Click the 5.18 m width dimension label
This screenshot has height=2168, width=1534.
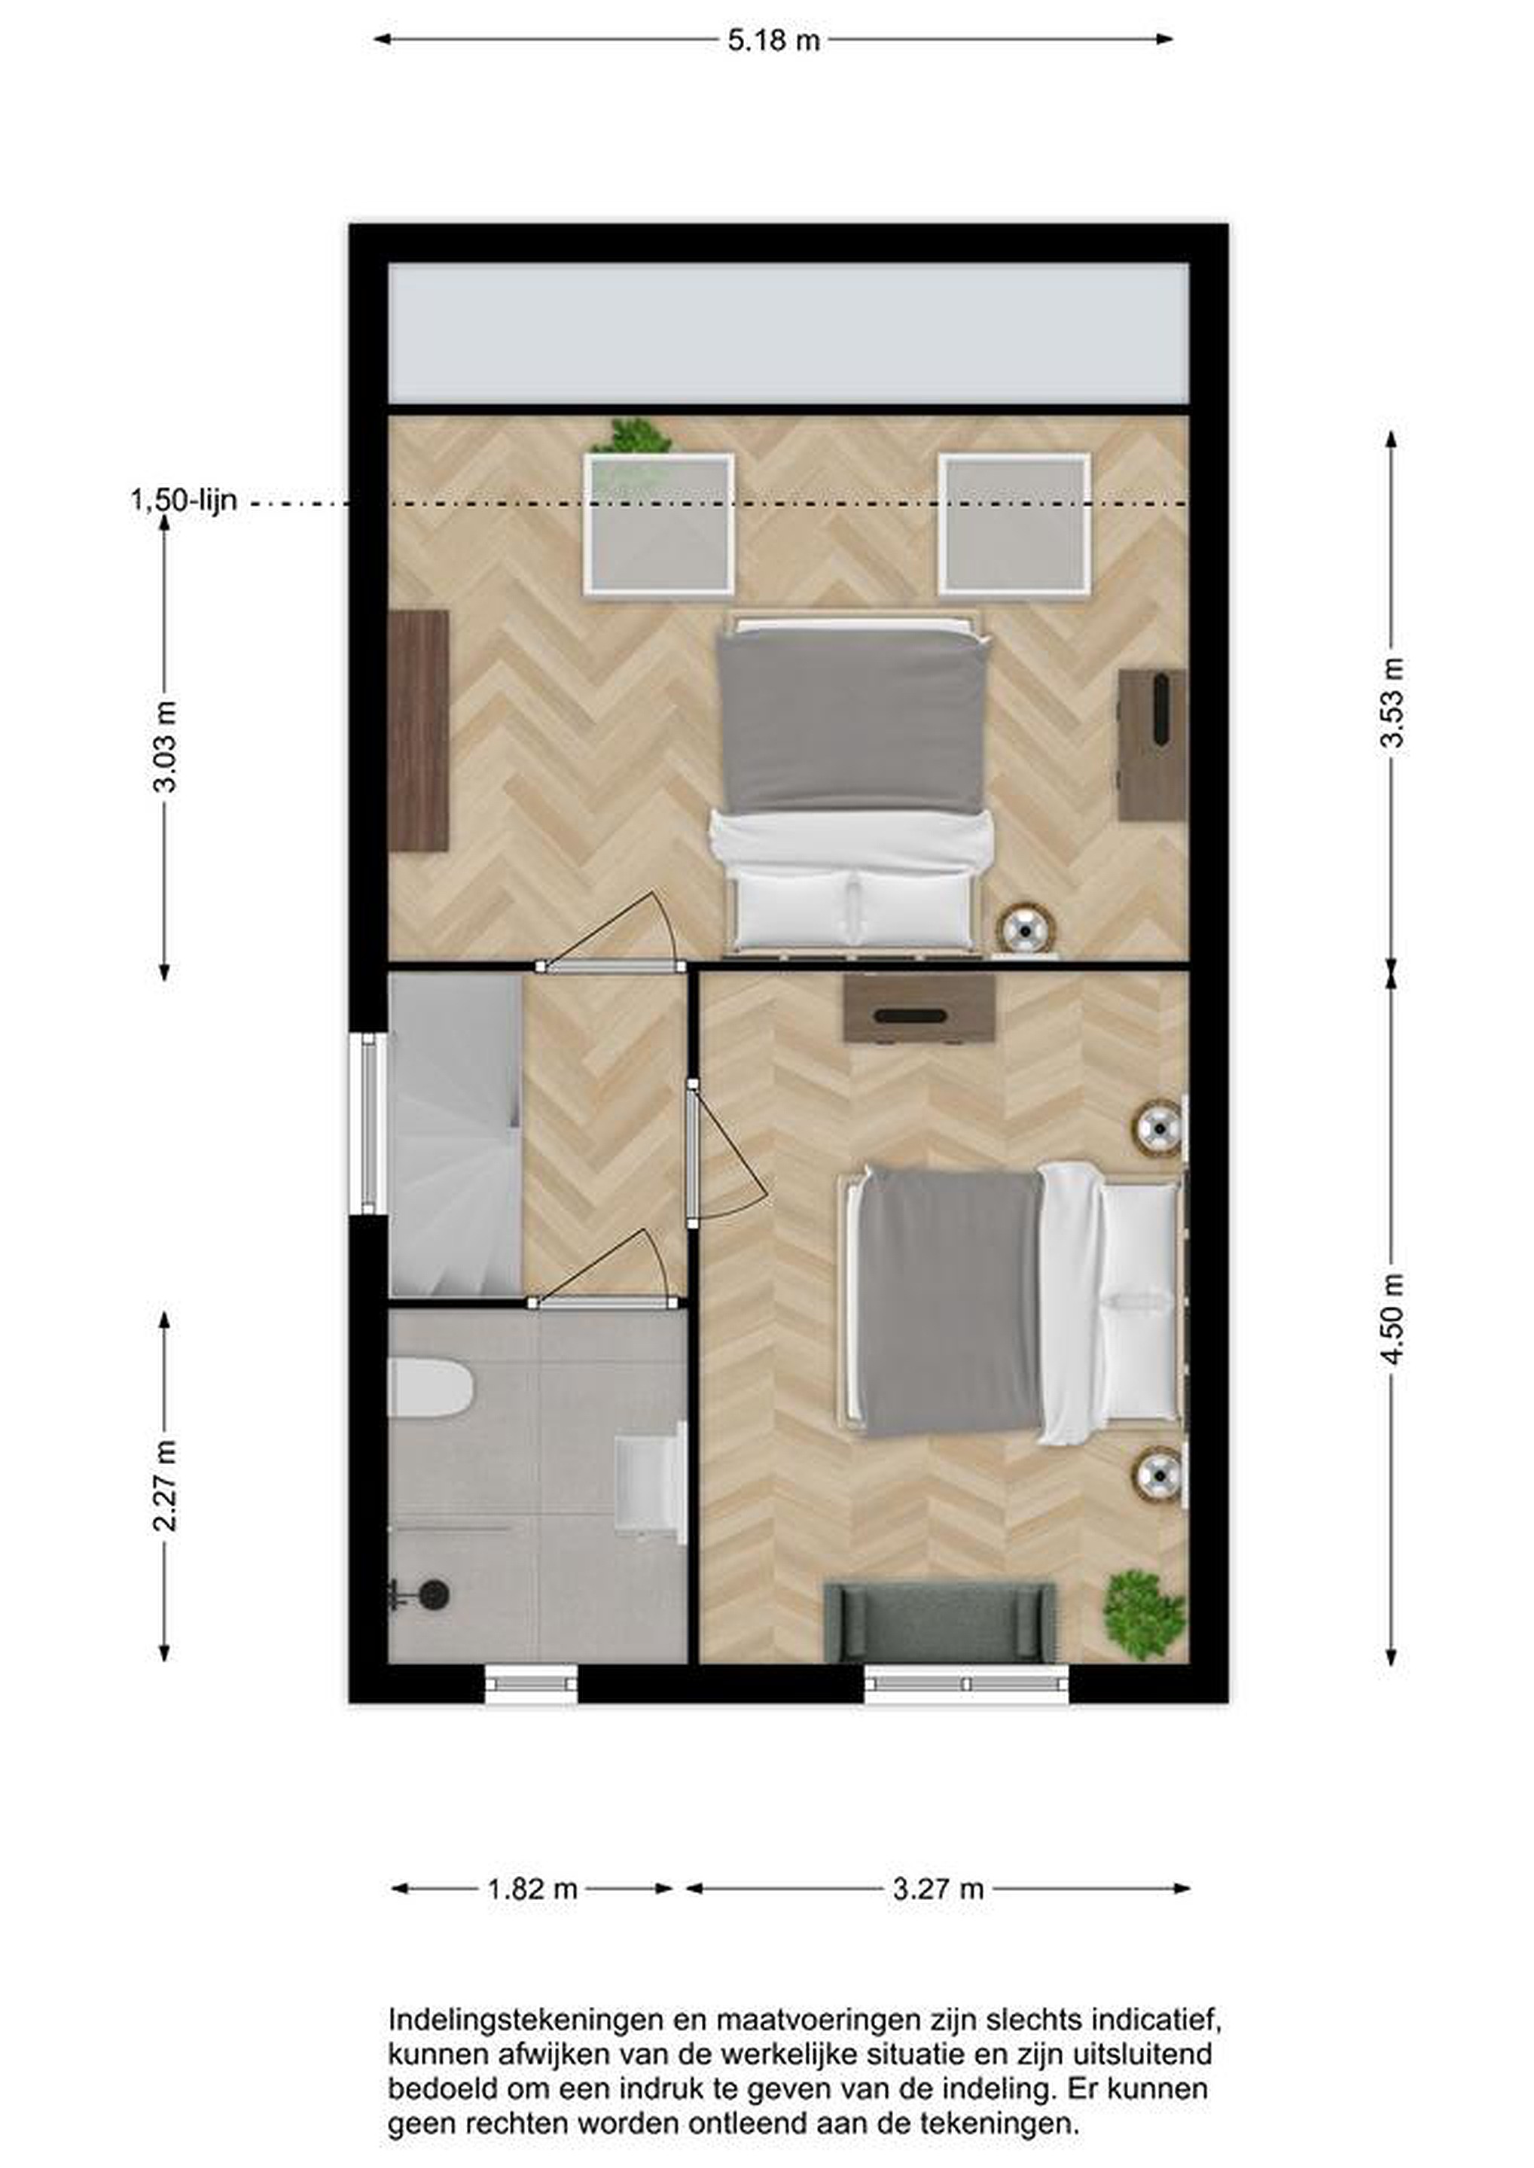(773, 41)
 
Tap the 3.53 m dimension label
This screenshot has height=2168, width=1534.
(1392, 702)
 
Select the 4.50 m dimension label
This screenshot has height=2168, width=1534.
(1392, 1318)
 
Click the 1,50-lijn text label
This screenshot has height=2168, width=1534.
(185, 501)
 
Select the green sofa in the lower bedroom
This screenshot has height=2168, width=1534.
(940, 1621)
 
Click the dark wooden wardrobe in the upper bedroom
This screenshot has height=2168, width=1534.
(419, 731)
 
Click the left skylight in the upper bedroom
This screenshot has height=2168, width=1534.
(658, 525)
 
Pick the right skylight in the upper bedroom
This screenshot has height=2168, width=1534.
(1014, 525)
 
